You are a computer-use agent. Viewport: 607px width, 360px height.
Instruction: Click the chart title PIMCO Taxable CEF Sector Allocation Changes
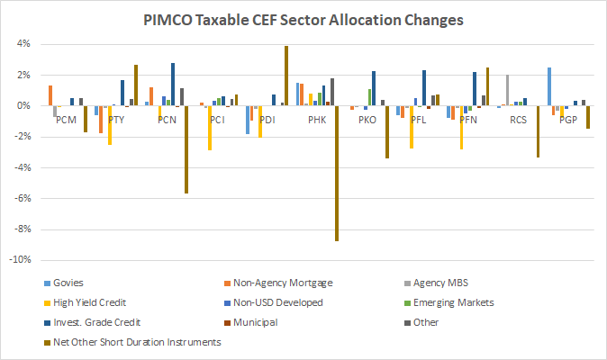point(303,19)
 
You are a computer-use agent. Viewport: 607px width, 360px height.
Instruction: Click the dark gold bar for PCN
point(186,149)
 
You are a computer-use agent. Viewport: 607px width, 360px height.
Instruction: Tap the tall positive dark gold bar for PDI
point(286,76)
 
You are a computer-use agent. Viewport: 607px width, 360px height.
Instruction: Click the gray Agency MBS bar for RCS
point(508,90)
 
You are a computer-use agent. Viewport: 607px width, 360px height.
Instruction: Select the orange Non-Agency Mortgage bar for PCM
point(50,95)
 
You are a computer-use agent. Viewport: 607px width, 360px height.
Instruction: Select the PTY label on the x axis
point(116,119)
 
